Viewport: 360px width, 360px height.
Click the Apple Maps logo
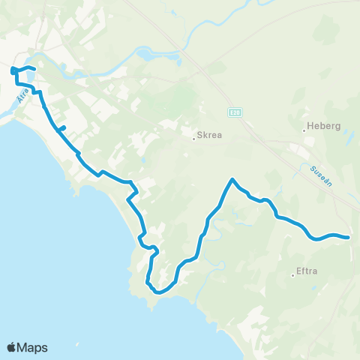pyautogui.click(x=27, y=347)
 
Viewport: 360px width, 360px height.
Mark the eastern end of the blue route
pyautogui.click(x=349, y=238)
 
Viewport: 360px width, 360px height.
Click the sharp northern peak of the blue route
pyautogui.click(x=232, y=179)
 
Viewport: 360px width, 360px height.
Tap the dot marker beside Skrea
pyautogui.click(x=193, y=137)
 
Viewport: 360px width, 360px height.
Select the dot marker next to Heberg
pyautogui.click(x=304, y=129)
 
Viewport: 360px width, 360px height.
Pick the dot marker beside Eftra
pyautogui.click(x=292, y=275)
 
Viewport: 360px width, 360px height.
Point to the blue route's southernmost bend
pyautogui.click(x=158, y=292)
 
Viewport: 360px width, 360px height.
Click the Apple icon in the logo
pyautogui.click(x=12, y=346)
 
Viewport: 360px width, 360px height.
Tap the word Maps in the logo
pyautogui.click(x=33, y=347)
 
